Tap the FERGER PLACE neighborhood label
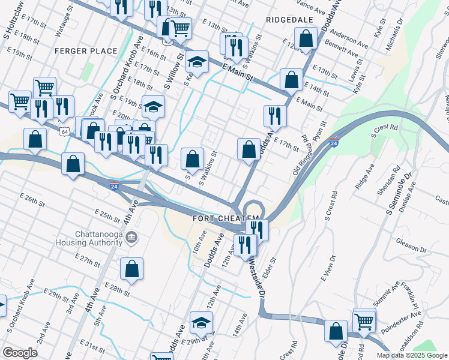click(85, 51)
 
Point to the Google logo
click(20, 352)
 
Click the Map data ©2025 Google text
click(412, 355)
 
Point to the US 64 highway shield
click(63, 131)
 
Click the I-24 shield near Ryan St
click(334, 142)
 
